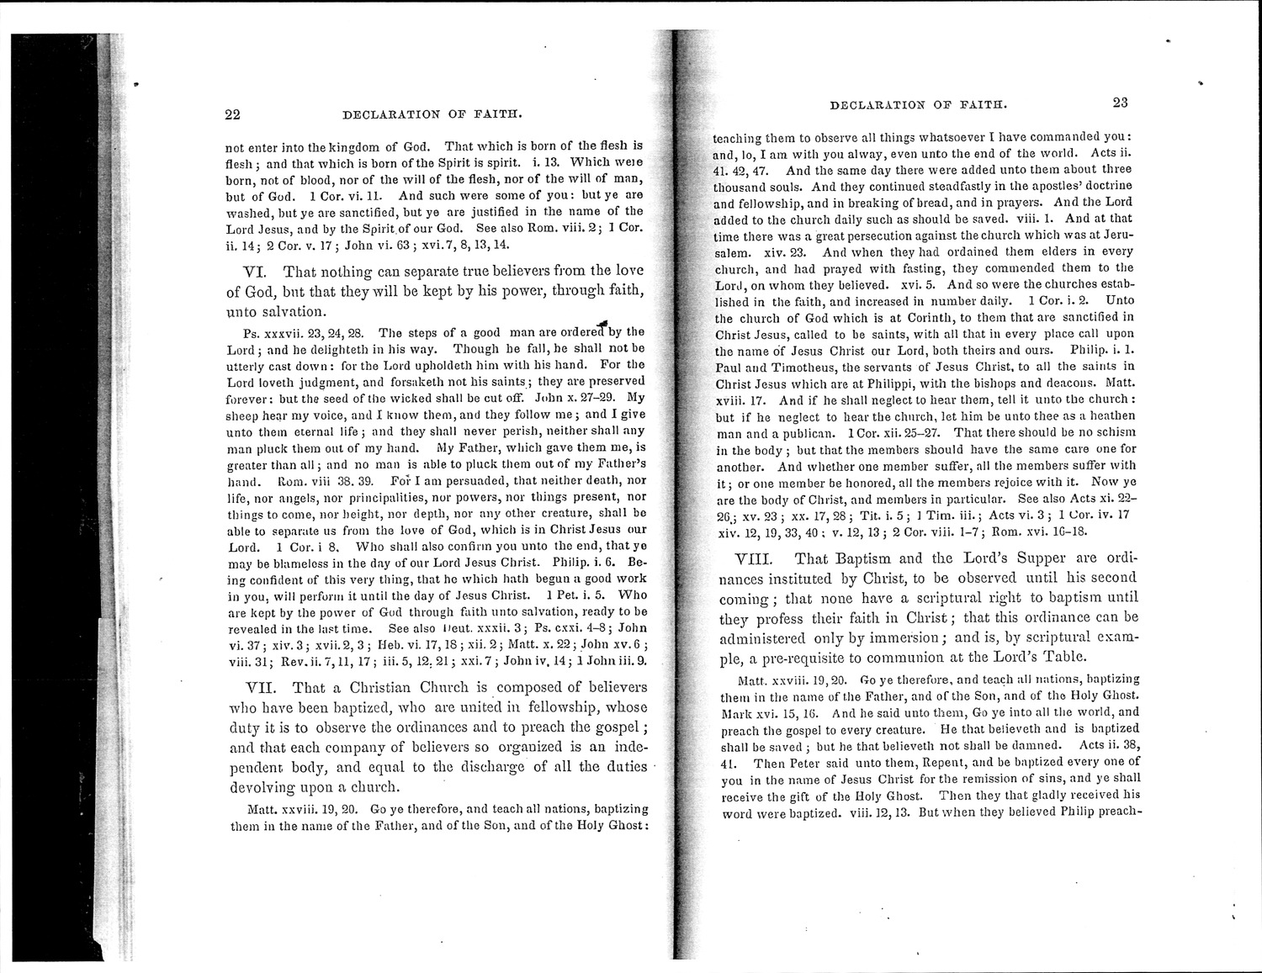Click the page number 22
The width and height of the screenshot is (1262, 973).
coord(233,114)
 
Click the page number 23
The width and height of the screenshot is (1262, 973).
coord(1120,103)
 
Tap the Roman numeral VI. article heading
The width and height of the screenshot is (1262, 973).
coord(256,272)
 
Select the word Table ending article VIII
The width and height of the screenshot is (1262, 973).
coord(1063,657)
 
